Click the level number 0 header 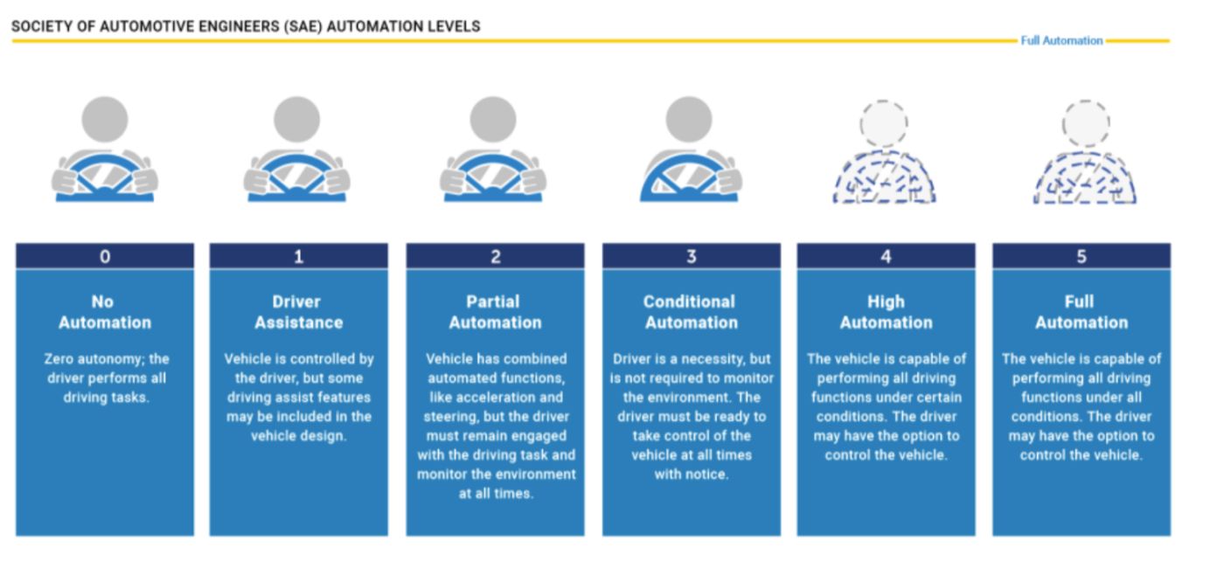[x=105, y=256]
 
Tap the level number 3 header [x=691, y=256]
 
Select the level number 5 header [x=1081, y=256]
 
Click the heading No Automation [x=104, y=312]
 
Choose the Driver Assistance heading [x=298, y=312]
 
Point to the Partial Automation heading [x=495, y=312]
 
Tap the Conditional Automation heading [x=691, y=312]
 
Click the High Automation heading [x=886, y=312]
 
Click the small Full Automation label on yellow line [x=1061, y=40]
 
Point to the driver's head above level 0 [x=105, y=119]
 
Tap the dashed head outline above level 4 [x=884, y=123]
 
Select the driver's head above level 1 [x=297, y=119]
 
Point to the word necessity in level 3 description [x=723, y=359]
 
